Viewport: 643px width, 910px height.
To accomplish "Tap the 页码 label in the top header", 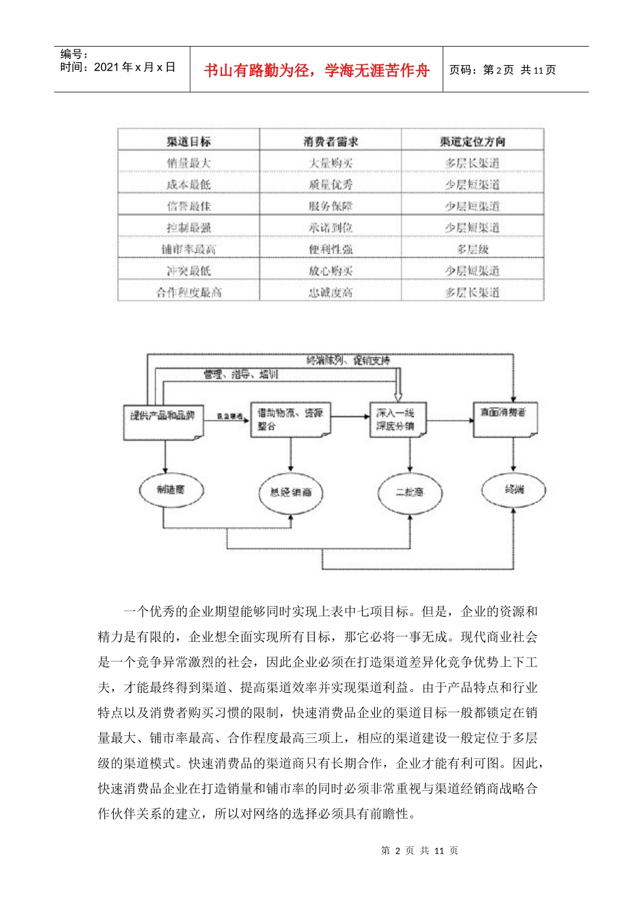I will coord(463,70).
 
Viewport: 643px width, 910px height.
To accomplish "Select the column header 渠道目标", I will coord(189,142).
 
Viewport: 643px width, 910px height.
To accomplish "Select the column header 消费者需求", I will coord(330,142).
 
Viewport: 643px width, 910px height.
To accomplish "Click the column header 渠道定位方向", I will coord(472,142).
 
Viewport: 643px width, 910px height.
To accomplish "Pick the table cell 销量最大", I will coord(189,163).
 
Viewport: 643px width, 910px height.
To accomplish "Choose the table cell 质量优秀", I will coord(330,185).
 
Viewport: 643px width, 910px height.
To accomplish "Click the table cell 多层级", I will coord(472,249).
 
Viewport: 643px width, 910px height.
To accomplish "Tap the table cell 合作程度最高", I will coord(189,292).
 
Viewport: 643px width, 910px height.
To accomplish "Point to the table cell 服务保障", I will coord(330,207).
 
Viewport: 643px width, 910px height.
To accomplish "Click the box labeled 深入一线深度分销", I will coord(397,419).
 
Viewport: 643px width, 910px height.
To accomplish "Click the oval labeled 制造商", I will coord(171,490).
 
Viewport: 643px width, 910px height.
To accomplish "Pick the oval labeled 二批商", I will coord(409,492).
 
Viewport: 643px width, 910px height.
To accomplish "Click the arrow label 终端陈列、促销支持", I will coord(348,361).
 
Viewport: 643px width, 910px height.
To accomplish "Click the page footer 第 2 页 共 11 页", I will coord(420,851).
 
